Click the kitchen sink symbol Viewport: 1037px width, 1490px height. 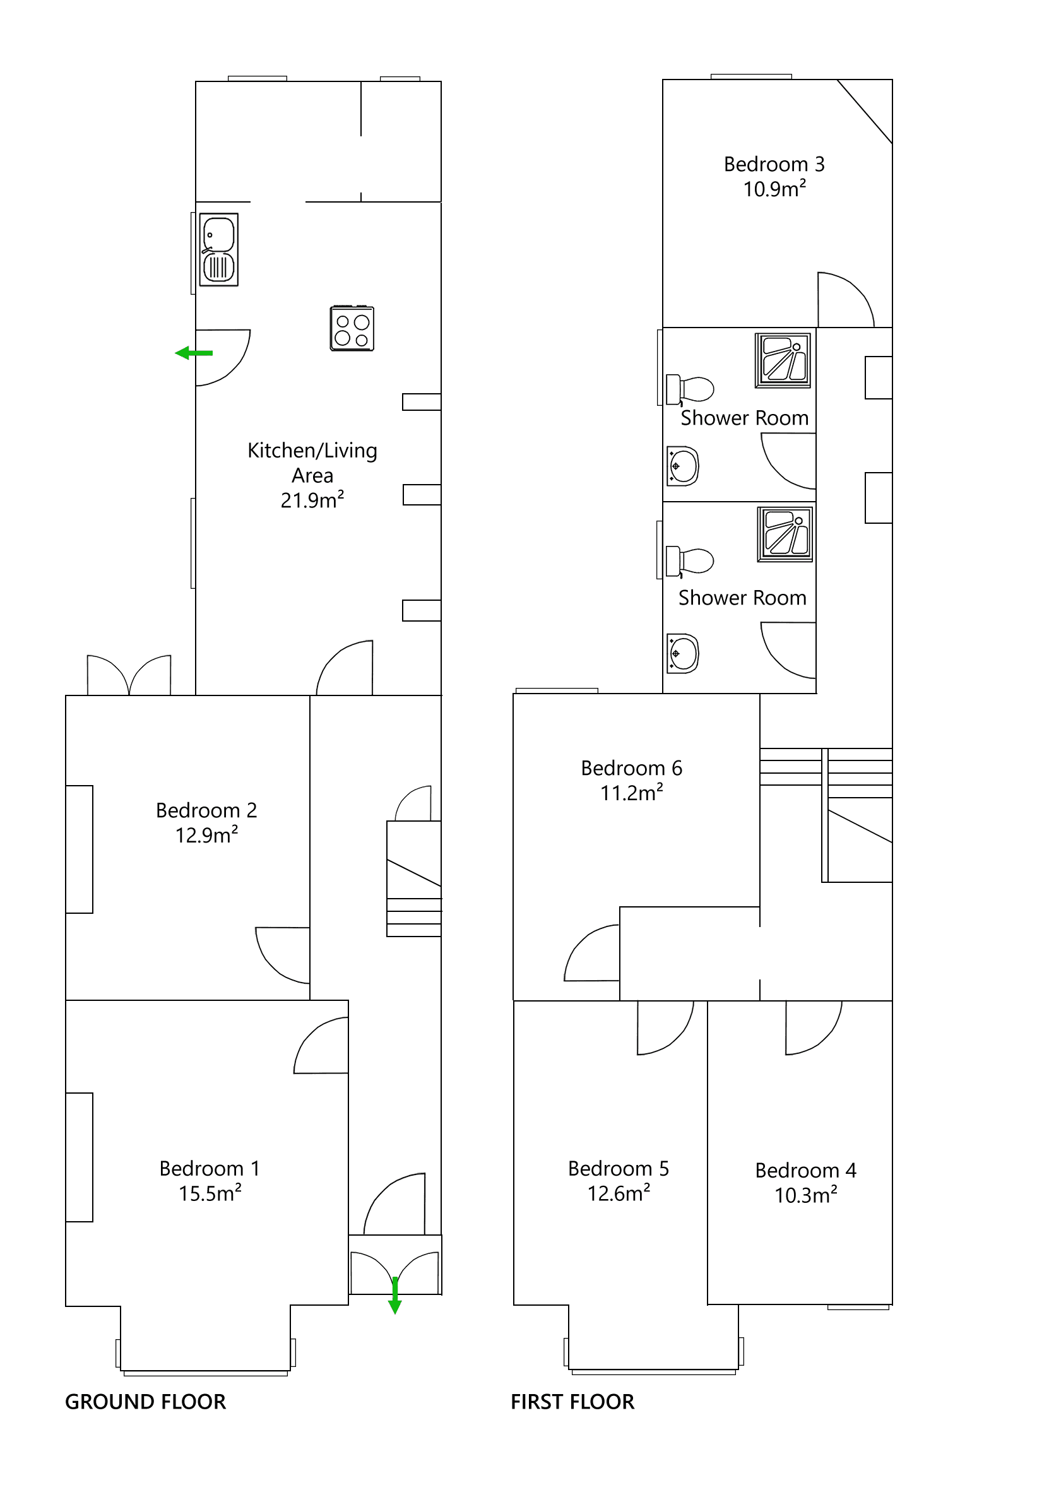coord(218,250)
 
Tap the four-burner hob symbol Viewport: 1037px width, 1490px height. coord(352,328)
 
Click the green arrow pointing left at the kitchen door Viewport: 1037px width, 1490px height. coord(193,353)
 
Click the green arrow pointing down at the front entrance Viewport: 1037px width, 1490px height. coord(394,1296)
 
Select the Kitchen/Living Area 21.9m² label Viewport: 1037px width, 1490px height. coord(312,475)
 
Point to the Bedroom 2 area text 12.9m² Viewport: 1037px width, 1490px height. coord(206,835)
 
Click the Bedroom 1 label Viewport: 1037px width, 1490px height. coord(210,1169)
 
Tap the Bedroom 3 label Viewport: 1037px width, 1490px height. coord(774,164)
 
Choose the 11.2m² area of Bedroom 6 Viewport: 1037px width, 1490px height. coord(631,793)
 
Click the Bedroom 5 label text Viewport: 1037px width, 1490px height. coord(618,1169)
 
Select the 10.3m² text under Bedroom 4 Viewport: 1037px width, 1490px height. coord(805,1195)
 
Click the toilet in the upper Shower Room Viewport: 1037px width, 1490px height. coord(691,389)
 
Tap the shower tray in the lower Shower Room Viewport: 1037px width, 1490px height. coord(785,533)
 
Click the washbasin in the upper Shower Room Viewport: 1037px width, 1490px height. coord(683,466)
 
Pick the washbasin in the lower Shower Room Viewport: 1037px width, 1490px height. coord(683,654)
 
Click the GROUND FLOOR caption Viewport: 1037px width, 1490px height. coord(145,1402)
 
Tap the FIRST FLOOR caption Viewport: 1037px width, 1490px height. coord(572,1402)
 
